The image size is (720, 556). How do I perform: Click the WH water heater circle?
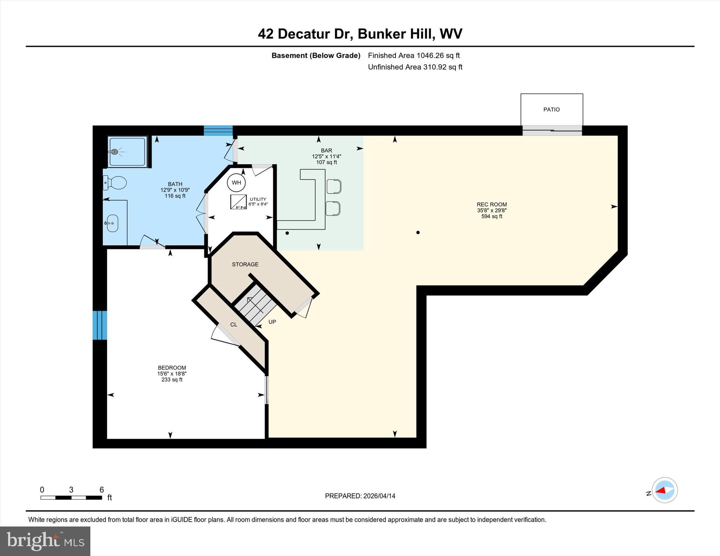pos(236,183)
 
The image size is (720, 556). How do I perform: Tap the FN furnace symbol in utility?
pos(238,202)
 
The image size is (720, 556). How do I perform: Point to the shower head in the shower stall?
pos(114,152)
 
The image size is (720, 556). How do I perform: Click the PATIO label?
pos(551,110)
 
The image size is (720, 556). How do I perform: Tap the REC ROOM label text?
pos(491,204)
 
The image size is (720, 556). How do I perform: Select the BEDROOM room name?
pos(172,368)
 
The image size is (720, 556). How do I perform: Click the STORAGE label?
pos(245,264)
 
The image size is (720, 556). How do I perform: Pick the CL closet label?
pos(234,325)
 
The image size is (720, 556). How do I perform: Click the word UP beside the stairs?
pos(272,322)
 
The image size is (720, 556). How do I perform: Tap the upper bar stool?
pos(334,186)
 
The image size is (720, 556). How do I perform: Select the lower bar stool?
pos(333,208)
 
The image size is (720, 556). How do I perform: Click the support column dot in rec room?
pos(418,233)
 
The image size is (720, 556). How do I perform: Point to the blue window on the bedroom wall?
pos(100,325)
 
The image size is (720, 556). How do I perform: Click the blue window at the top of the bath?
pos(218,130)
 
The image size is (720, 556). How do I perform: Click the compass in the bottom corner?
pos(664,490)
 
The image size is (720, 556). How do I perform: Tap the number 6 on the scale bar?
pos(102,490)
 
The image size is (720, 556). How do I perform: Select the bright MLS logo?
pos(45,541)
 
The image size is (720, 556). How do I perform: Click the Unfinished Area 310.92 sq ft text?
pos(415,67)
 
